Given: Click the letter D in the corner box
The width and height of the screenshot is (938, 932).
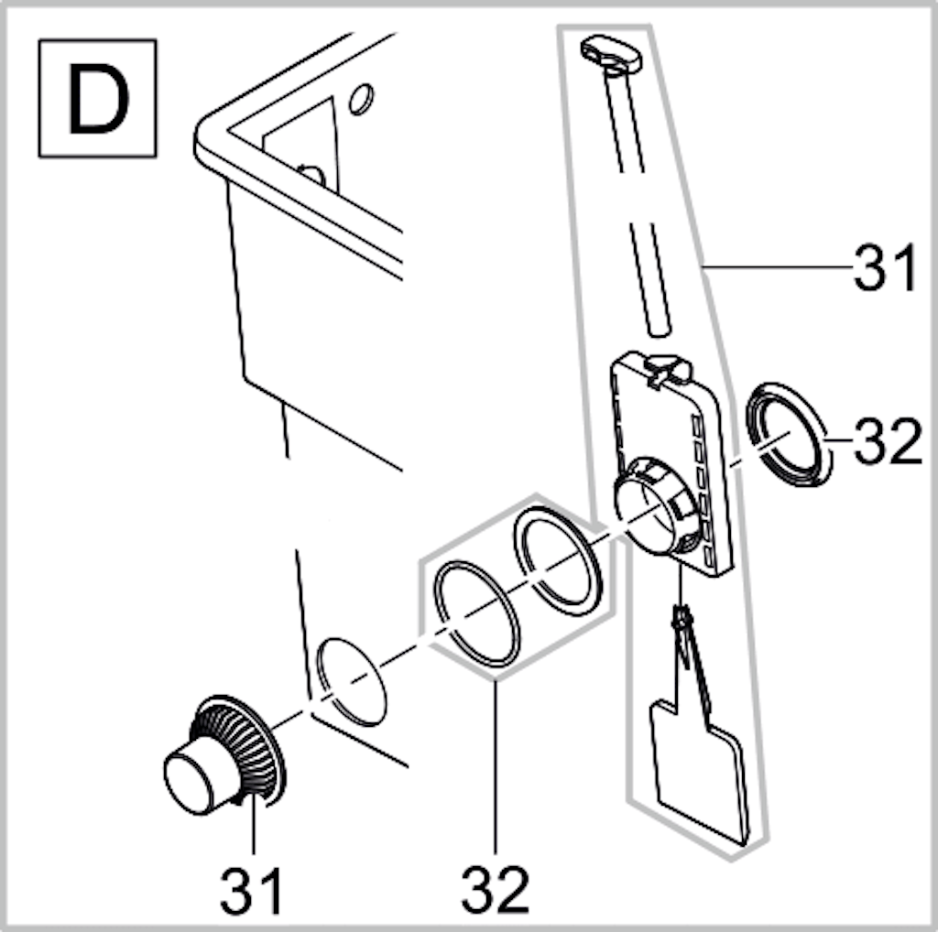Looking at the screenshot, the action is pos(98,99).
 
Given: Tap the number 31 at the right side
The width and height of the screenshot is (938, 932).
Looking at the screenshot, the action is pos(885,268).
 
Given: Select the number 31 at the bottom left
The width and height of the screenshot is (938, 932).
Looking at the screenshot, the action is pos(251,890).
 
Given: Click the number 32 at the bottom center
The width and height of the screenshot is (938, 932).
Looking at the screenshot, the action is pos(496,890).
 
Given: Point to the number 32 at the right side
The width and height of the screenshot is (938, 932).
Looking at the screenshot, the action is pos(889,441).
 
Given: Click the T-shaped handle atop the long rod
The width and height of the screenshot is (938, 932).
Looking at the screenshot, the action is pos(611,56).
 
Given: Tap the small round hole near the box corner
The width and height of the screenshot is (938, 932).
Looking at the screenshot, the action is pos(361,99).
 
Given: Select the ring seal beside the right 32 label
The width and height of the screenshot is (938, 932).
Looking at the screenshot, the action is pos(789,433).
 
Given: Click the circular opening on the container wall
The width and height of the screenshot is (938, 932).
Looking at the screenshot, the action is pos(351,682).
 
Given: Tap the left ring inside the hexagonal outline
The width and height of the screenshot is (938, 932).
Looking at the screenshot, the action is pos(476,614).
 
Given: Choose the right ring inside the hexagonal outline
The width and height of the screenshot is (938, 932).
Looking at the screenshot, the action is pos(558,561).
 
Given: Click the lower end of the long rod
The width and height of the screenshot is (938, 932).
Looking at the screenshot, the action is pos(659,331).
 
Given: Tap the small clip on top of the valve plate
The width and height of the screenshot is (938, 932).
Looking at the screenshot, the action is pos(667,369).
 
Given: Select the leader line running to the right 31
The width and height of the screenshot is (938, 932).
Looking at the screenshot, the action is pos(778,266).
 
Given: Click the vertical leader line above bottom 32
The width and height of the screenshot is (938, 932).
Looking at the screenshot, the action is pos(496,767).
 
